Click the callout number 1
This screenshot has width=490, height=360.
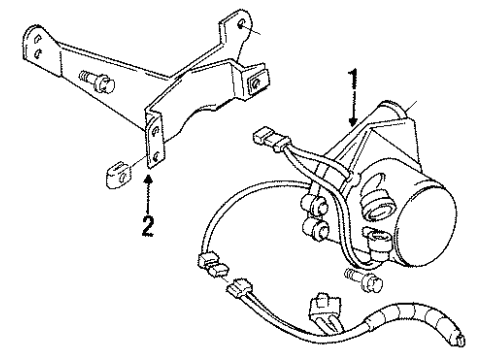coord(352,79)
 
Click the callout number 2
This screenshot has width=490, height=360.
coord(148,226)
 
